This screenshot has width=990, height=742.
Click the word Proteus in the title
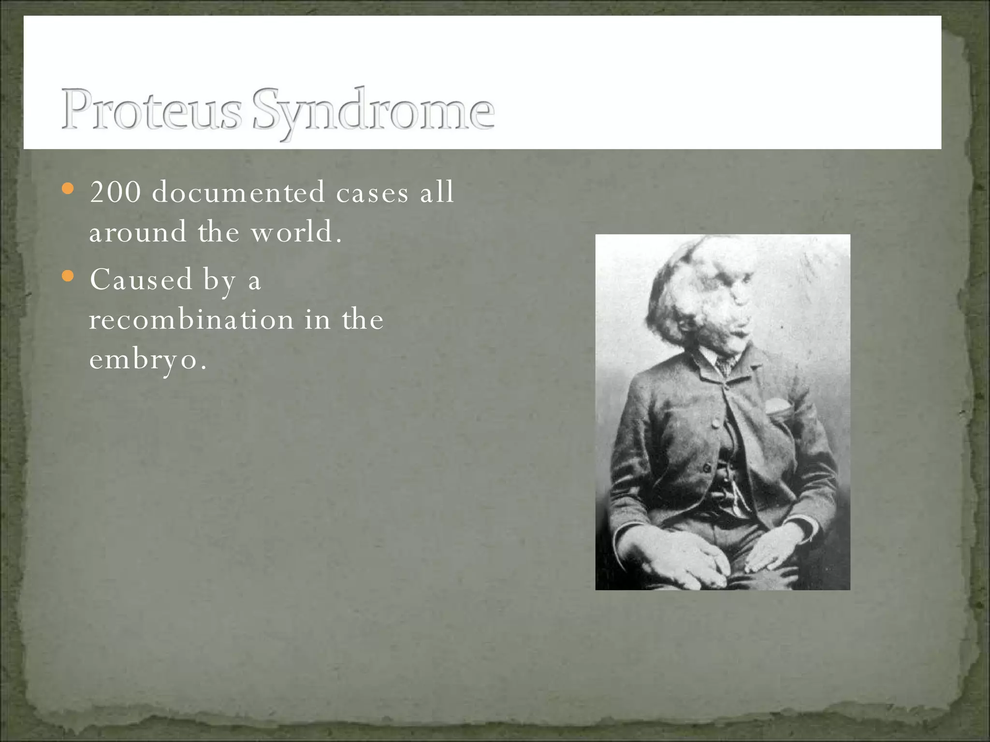coord(151,110)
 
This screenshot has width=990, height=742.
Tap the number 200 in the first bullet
coord(116,192)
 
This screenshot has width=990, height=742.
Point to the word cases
coord(372,193)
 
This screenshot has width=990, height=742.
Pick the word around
coord(137,232)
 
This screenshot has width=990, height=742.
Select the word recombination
coord(191,319)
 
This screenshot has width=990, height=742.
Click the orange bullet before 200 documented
coord(69,188)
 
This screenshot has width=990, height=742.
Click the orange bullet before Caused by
coord(69,276)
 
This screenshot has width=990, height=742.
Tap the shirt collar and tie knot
coord(722,363)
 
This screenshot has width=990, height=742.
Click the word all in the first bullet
coord(437,192)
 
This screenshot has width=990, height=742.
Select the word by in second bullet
coord(219,280)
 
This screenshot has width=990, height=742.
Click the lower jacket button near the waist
coord(707,468)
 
